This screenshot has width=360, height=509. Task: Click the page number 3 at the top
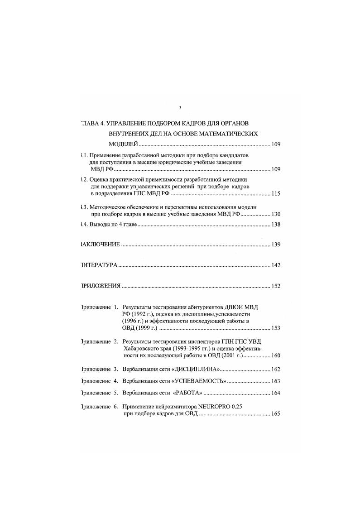pos(180,108)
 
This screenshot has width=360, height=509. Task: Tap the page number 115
pos(276,194)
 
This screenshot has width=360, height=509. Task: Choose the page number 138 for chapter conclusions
pos(276,225)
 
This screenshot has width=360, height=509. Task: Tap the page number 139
pos(276,245)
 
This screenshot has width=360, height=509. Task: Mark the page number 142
pos(276,265)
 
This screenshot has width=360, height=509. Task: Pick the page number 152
pos(276,286)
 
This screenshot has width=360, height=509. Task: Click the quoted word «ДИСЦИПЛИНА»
pos(197,370)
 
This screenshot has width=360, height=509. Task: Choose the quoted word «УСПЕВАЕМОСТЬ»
pos(200,381)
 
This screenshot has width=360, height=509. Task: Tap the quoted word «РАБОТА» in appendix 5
pos(187,393)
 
